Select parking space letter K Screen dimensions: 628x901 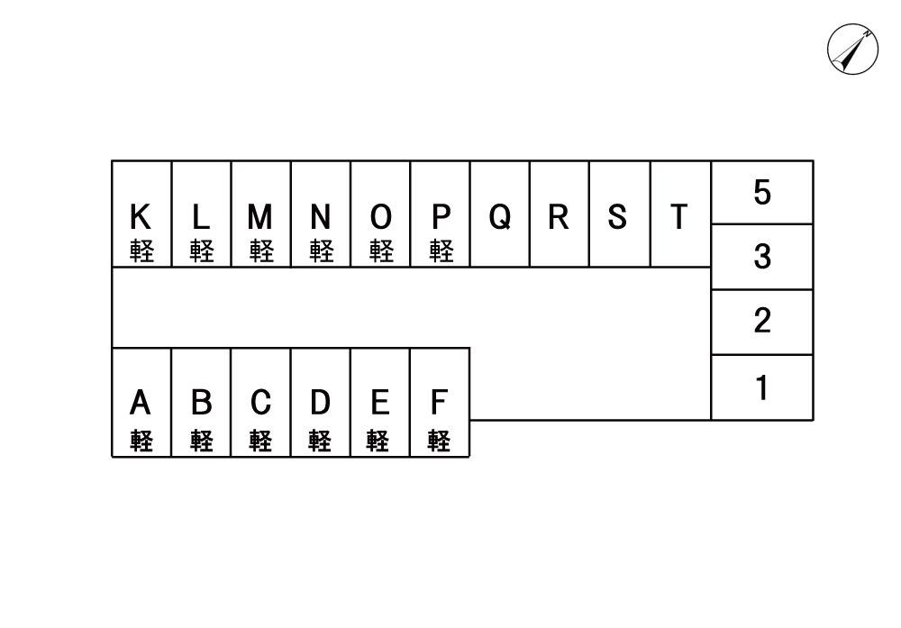click(141, 217)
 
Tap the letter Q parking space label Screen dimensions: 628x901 click(500, 217)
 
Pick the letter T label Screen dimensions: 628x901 click(678, 217)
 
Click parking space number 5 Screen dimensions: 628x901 click(762, 192)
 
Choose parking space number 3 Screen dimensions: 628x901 click(762, 257)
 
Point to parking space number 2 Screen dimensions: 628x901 click(762, 321)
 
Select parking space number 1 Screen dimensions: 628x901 click(762, 387)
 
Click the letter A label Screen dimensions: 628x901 click(141, 402)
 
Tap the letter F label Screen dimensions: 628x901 click(439, 402)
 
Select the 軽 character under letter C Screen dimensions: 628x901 click(260, 441)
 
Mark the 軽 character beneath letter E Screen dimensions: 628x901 click(379, 441)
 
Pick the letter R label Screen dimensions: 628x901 click(559, 217)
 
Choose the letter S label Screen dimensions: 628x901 click(617, 217)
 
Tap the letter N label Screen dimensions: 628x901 click(320, 217)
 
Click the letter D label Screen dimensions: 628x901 click(320, 402)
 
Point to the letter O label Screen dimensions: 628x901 click(380, 217)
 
